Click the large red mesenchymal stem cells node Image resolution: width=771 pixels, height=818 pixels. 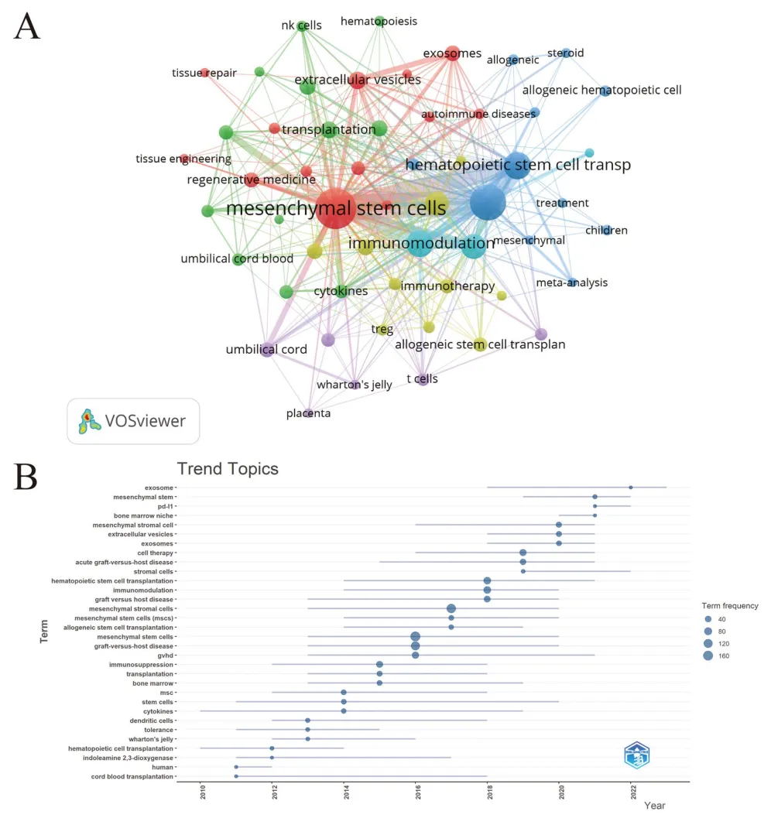pos(334,208)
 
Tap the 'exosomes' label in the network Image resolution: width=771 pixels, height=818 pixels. pos(452,53)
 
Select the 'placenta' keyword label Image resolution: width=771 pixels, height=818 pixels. pos(308,413)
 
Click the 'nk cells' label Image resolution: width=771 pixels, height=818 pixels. pos(301,26)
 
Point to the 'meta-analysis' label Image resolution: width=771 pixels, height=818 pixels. pos(572,282)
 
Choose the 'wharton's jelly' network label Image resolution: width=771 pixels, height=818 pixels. pos(355,385)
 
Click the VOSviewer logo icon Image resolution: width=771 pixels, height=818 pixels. pos(91,421)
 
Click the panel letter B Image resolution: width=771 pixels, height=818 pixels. pos(27,477)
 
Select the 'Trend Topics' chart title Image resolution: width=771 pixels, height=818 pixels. pos(228,469)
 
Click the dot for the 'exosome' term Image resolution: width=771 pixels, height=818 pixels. pos(631,488)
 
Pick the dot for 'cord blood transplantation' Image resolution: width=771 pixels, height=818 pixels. pos(236,776)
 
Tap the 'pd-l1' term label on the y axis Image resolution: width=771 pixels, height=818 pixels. pos(165,506)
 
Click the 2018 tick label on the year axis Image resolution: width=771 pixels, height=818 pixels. pos(488,793)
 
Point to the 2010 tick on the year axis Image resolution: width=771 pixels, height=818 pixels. pos(201,793)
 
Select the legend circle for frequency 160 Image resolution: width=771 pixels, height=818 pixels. pos(708,656)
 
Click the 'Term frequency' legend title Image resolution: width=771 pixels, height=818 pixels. pos(730,606)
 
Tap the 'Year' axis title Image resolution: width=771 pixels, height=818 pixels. pos(654,806)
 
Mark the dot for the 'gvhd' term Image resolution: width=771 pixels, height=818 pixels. pos(416,655)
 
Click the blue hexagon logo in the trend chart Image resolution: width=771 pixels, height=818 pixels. pos(639,755)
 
